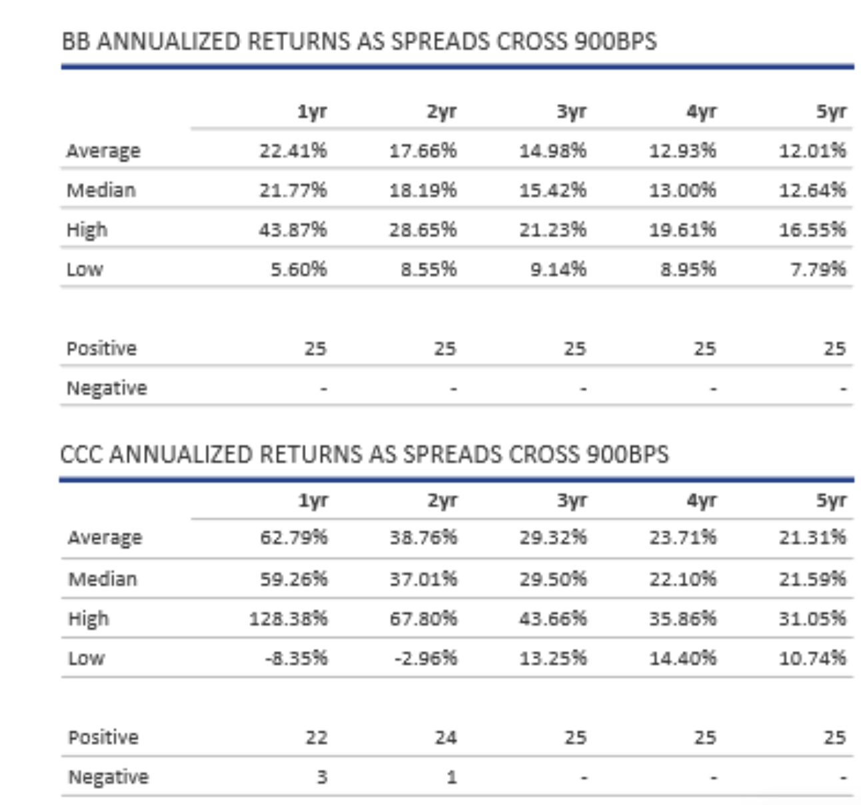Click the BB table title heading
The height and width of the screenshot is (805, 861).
click(x=359, y=41)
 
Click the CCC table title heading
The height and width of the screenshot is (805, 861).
click(x=364, y=454)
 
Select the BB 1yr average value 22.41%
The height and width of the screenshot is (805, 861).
click(x=293, y=151)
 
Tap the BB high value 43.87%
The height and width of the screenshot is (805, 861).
click(x=293, y=230)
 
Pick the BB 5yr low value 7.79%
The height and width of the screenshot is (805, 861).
click(x=818, y=269)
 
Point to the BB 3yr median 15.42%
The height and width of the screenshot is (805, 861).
click(x=553, y=190)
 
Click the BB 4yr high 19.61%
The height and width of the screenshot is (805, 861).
click(x=682, y=230)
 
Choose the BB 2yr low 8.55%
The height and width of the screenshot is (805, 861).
click(x=429, y=269)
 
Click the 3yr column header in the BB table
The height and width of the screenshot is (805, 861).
click(x=571, y=111)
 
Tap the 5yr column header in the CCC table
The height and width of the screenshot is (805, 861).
click(x=831, y=500)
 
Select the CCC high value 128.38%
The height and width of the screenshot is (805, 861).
click(x=289, y=618)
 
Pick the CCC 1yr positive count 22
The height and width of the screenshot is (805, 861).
click(x=317, y=738)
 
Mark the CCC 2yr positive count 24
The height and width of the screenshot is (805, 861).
click(x=446, y=738)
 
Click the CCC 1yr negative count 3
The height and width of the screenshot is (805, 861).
click(x=321, y=777)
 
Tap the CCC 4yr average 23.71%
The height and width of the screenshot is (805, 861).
click(x=683, y=537)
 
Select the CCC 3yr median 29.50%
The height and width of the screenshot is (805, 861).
click(x=553, y=578)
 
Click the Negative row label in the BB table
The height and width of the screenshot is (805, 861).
click(x=107, y=388)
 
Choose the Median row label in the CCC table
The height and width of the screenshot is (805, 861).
click(x=103, y=578)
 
